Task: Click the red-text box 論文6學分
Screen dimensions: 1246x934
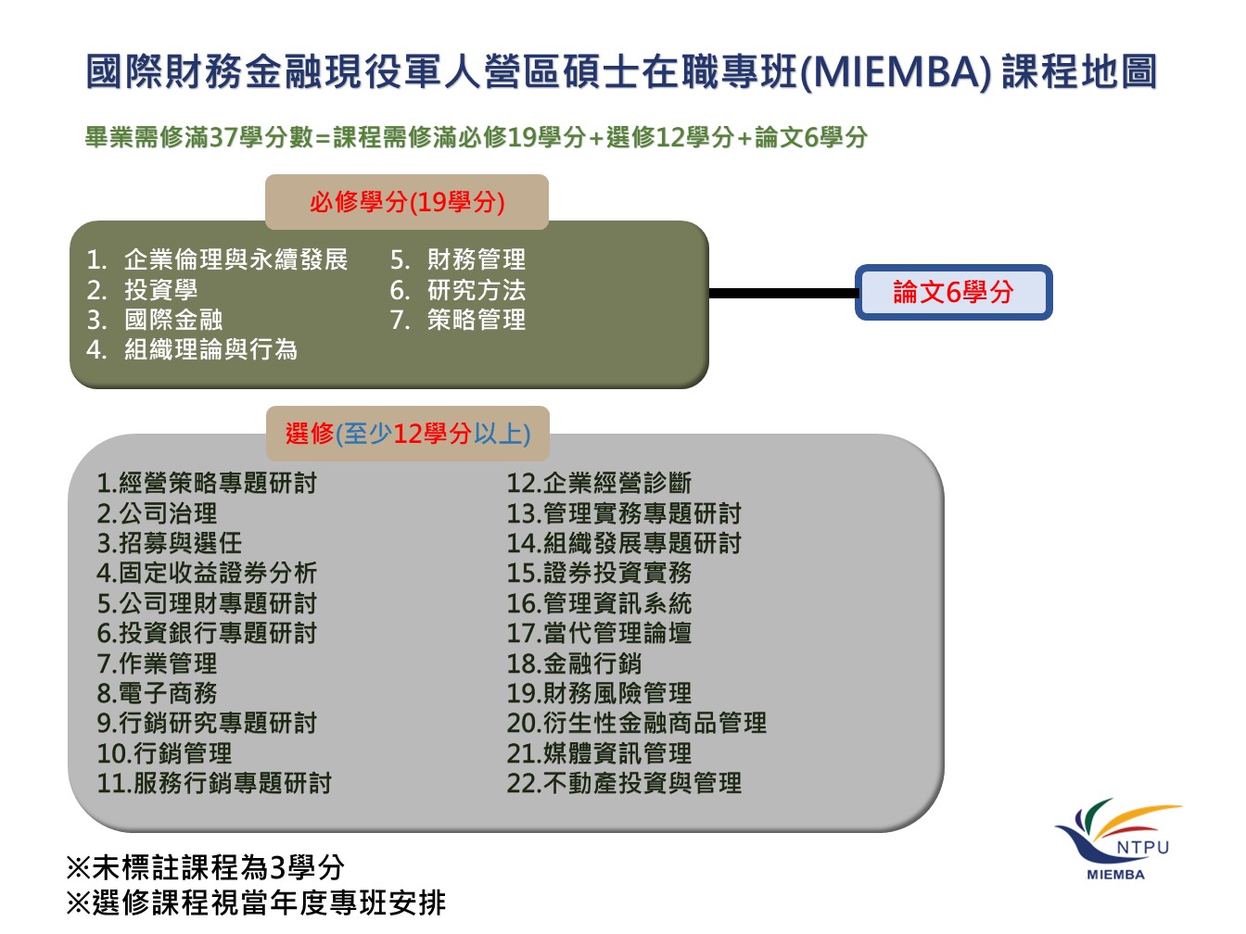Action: [953, 292]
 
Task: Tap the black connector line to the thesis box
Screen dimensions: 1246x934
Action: [782, 293]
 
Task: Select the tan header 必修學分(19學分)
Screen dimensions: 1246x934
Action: [406, 202]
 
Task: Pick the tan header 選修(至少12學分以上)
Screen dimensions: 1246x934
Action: [408, 434]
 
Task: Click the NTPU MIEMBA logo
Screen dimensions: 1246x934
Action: [1117, 839]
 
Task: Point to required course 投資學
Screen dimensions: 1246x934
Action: [161, 290]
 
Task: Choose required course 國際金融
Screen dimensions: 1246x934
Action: [173, 320]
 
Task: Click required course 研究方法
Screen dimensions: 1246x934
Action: [477, 290]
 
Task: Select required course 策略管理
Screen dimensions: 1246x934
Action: [477, 320]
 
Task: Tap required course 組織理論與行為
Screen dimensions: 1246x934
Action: [210, 348]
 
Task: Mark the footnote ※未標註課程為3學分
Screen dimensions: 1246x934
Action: [206, 866]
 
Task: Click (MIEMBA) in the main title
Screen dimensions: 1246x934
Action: [896, 72]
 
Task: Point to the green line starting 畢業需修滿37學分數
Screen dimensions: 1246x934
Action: [477, 136]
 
